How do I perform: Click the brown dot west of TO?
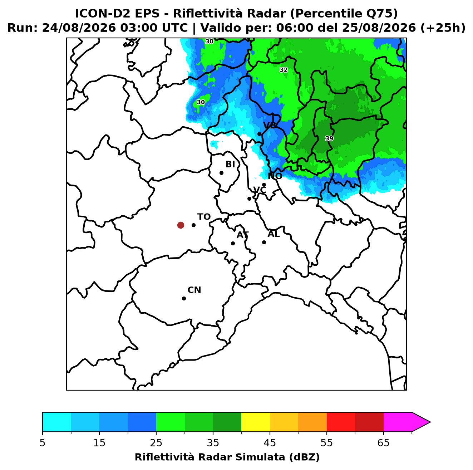[x=181, y=225]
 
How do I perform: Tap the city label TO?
[x=204, y=217]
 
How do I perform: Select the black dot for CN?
[x=184, y=298]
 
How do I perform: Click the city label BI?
[x=230, y=164]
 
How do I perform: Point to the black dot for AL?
[x=264, y=242]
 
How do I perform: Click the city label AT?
[x=242, y=235]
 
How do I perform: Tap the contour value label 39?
[x=329, y=138]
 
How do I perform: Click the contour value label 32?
[x=284, y=70]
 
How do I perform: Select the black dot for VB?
[x=259, y=134]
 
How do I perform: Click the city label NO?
[x=275, y=176]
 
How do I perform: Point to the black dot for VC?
[x=250, y=199]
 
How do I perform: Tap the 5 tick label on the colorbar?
[x=43, y=442]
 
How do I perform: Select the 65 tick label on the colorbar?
[x=383, y=442]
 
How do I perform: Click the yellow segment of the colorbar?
[x=256, y=422]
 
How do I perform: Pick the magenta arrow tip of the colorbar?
[x=430, y=422]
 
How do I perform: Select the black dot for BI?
[x=221, y=173]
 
